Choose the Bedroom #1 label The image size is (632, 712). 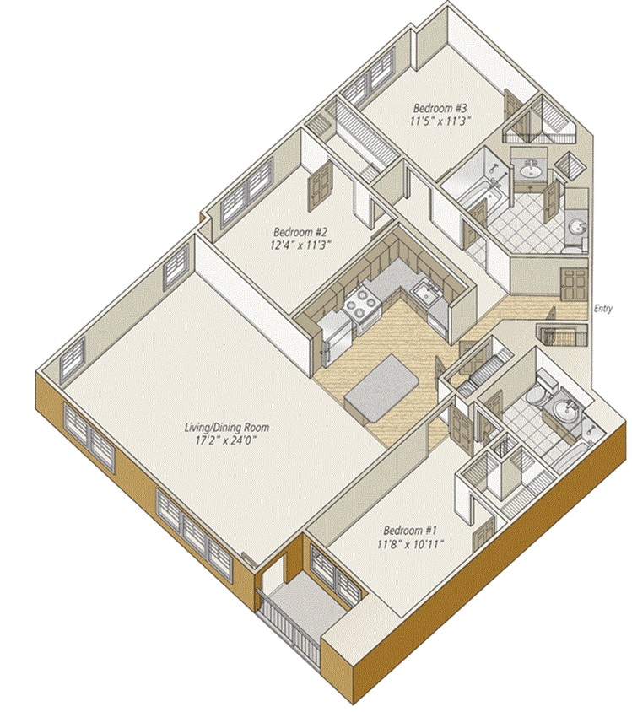409,530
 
